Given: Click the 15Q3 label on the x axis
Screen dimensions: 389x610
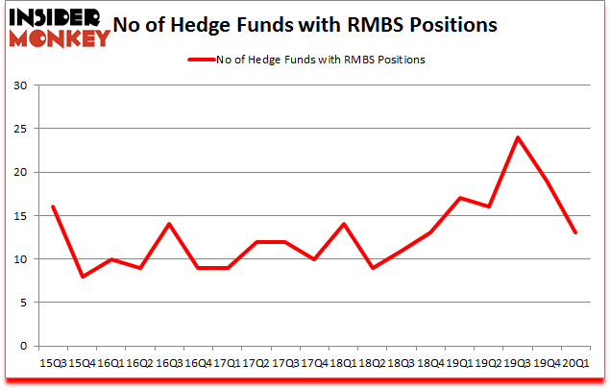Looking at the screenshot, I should (53, 363).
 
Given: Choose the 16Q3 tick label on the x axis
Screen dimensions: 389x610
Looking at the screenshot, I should (168, 363).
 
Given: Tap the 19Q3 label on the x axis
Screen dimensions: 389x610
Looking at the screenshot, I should (518, 363).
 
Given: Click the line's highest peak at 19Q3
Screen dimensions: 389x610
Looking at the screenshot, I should (518, 137).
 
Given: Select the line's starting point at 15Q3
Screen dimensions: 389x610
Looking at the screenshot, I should (53, 207).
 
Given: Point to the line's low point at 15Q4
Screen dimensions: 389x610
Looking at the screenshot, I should (84, 277).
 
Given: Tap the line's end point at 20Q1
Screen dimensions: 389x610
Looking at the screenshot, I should (575, 232).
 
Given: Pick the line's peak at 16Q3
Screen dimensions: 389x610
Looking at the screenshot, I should (168, 224).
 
